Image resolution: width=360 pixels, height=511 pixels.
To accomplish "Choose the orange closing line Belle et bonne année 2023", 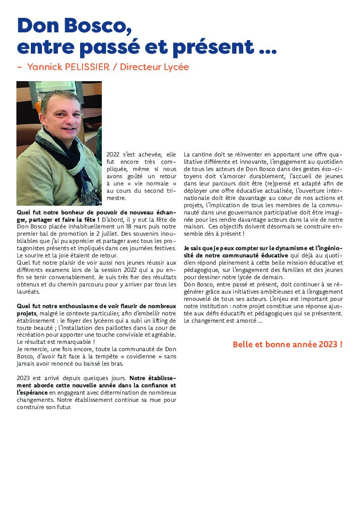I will click(288, 344).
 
